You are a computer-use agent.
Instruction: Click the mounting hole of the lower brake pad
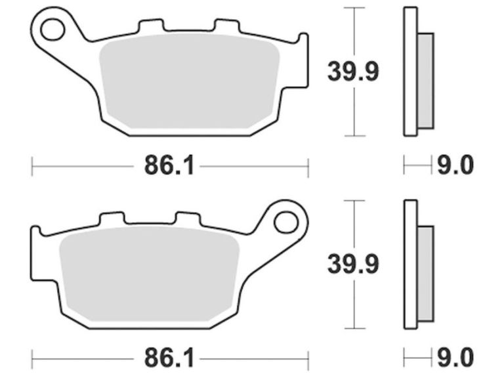[285, 222]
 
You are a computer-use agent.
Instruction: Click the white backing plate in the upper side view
[409, 72]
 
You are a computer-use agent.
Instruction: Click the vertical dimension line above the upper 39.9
[354, 30]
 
